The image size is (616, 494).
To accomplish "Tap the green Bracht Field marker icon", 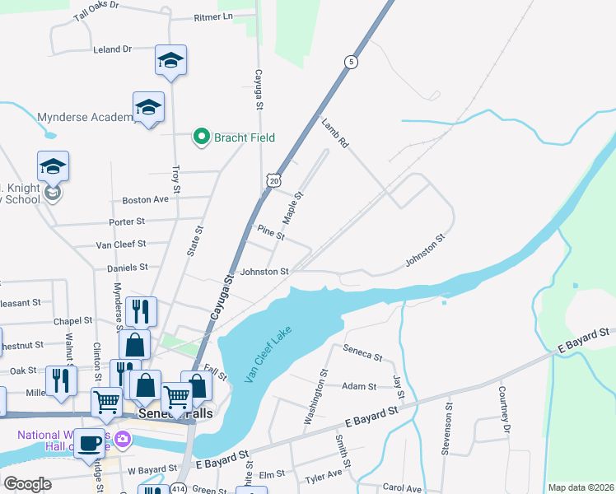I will coord(201,137).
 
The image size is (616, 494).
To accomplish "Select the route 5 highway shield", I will coord(351,62).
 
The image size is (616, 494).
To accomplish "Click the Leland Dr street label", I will coord(113,49).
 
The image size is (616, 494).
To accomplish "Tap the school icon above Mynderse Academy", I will coord(148,107).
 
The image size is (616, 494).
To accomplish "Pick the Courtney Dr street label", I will coord(502,412).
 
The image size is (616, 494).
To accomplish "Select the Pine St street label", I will coord(271,233).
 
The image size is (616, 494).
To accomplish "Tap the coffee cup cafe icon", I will coord(90,443).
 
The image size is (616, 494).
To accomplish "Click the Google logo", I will coord(28,484).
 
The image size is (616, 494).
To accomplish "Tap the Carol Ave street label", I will coord(402,488).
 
